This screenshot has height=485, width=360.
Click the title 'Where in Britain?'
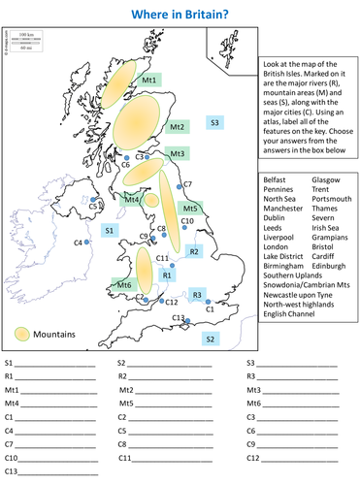180,14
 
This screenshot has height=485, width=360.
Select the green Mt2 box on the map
177,127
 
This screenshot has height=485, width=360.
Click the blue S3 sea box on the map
214,121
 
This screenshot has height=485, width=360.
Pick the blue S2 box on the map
209,338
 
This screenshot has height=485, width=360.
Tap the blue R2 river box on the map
193,251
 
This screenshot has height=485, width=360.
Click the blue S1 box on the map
110,230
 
